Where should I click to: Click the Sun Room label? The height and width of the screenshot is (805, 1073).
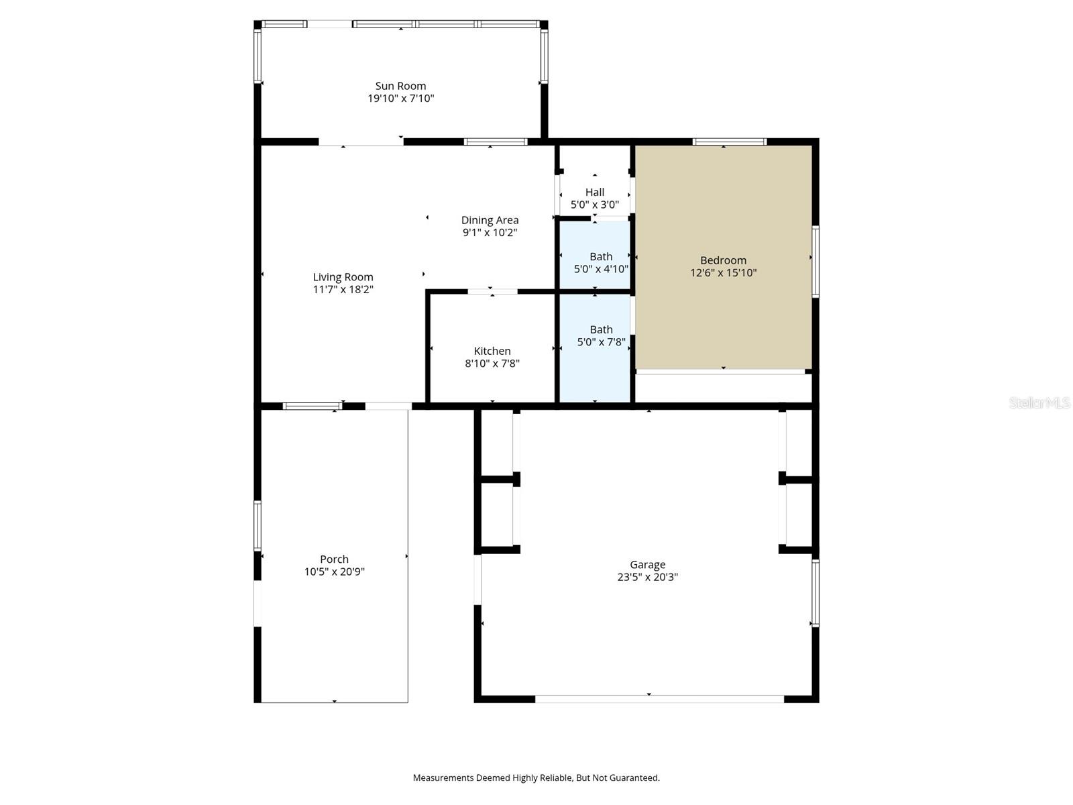(400, 86)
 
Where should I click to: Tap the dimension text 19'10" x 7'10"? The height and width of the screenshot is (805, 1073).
(400, 99)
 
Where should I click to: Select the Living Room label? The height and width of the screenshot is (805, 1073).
(343, 277)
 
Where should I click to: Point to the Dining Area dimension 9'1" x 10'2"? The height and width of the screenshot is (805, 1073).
(490, 233)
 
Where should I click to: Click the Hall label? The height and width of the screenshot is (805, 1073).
(594, 193)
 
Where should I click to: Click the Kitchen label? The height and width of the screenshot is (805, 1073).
(492, 352)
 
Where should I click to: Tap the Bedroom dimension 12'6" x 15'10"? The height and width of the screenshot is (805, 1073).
(723, 273)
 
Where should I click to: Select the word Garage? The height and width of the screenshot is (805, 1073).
(647, 565)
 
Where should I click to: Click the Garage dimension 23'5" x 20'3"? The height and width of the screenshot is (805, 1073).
(647, 577)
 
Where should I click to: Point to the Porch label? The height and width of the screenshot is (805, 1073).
(334, 559)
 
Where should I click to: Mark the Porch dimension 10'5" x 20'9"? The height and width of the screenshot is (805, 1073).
(334, 572)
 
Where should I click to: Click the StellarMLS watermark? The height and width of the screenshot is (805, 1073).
(1039, 402)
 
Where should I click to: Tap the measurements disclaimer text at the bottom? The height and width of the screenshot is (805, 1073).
(536, 778)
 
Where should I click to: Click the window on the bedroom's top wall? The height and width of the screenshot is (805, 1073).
(729, 142)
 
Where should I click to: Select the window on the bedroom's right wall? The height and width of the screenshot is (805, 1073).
(815, 262)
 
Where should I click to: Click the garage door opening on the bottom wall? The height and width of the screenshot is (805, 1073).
(659, 699)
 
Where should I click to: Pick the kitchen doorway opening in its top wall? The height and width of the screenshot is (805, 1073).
(492, 292)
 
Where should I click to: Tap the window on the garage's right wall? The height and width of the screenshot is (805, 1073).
(815, 592)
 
